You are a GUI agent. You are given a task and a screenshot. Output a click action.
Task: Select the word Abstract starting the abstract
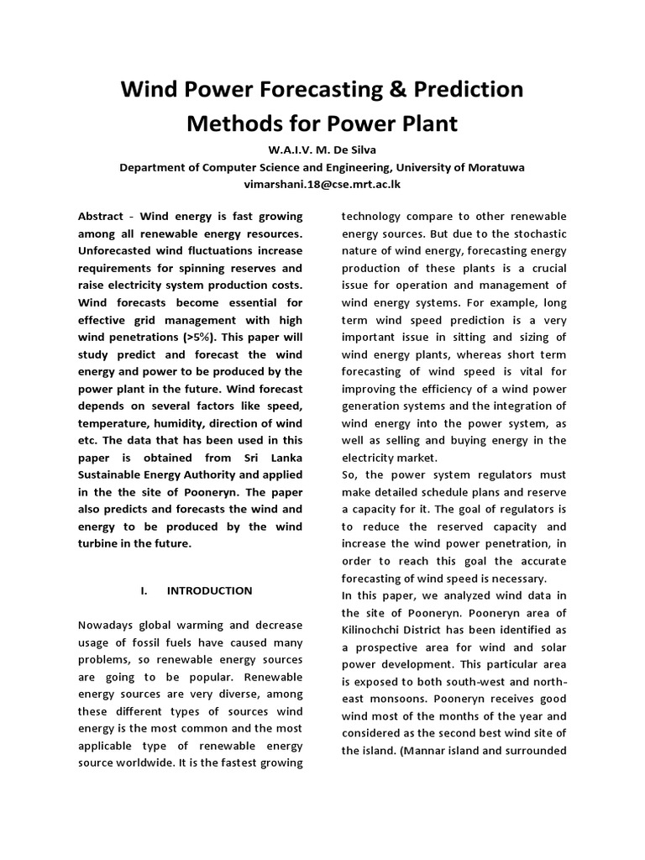pos(101,215)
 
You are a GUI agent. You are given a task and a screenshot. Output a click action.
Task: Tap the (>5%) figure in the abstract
pos(174,337)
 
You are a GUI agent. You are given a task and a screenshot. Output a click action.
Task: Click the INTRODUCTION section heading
pos(209,590)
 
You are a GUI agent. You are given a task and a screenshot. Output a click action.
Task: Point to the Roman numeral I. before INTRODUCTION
pos(144,590)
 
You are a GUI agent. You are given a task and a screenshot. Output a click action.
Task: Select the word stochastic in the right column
pos(538,233)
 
